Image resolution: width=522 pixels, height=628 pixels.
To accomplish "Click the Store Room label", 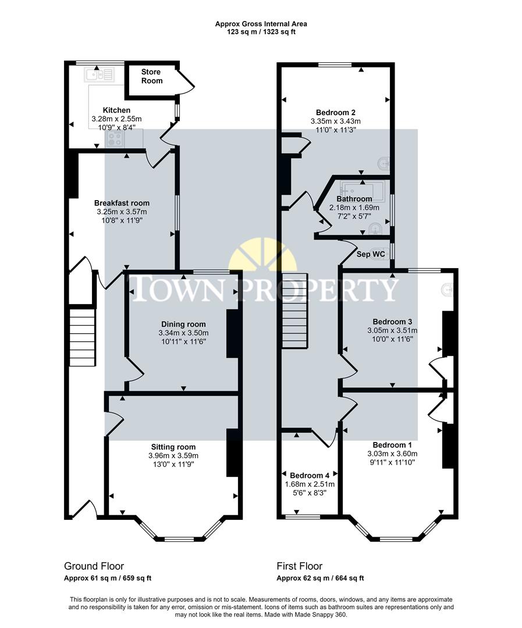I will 151,76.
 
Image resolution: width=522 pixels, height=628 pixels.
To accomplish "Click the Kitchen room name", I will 116,110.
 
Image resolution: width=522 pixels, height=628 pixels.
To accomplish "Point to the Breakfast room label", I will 122,203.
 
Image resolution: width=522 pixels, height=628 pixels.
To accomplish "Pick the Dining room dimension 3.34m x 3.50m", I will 183,333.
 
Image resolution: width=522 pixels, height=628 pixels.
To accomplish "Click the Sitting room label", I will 173,447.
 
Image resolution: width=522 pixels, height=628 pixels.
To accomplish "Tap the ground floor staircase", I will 82,337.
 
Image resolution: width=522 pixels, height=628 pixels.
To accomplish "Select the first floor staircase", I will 294,311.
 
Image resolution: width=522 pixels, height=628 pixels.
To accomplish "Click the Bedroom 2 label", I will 336,112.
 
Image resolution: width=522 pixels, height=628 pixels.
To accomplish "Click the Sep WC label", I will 371,254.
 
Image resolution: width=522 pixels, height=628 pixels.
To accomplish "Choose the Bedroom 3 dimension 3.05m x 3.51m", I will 393,330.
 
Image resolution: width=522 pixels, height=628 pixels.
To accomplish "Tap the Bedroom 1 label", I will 392,445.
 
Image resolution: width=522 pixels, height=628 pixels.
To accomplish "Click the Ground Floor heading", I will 94,566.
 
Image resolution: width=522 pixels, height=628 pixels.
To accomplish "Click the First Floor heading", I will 299,566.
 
